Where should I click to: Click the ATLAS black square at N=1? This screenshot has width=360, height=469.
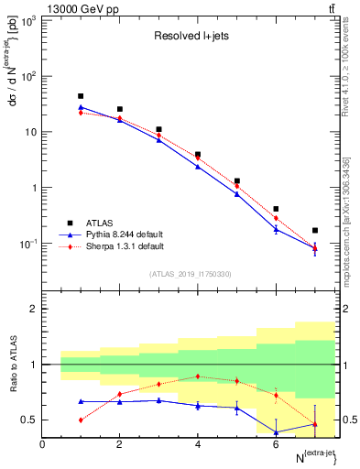pos(81,96)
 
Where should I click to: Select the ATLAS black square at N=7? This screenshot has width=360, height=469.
pos(315,231)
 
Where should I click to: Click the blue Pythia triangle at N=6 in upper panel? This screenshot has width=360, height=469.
pos(276,229)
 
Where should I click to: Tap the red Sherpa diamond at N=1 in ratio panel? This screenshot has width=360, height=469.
pos(81,420)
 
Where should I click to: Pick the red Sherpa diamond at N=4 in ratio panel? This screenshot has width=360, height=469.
pos(198,376)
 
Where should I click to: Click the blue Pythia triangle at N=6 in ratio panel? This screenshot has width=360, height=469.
pos(276,432)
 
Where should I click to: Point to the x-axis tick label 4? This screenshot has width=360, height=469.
pos(198,444)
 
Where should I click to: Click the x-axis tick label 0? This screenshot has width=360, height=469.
pos(42,444)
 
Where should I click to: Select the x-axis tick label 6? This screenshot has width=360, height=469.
pos(276,444)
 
